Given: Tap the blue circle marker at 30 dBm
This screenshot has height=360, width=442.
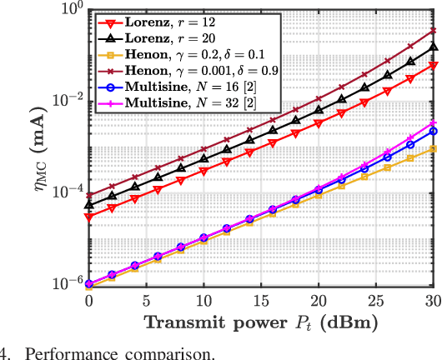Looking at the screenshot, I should coord(433,132).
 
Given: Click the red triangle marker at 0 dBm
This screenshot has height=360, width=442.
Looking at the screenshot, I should coord(89,217).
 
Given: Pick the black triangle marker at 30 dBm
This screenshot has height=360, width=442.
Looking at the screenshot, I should coord(433,47).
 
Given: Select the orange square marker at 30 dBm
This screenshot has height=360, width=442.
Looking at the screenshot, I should coord(433,148).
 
